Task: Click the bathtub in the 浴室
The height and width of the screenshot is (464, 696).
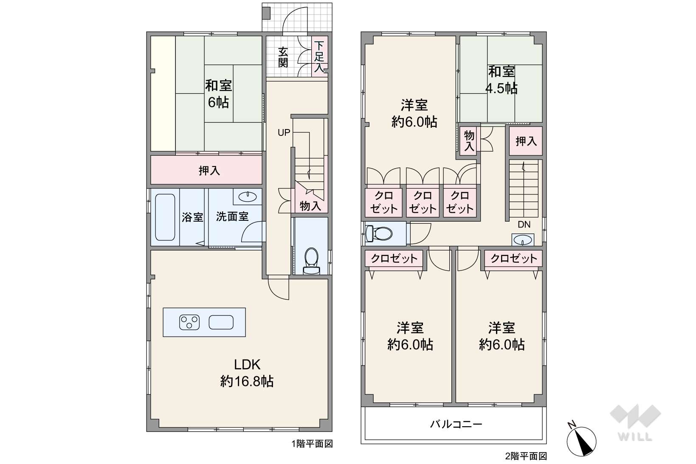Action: tap(165, 217)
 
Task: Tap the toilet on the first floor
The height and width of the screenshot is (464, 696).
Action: tap(311, 261)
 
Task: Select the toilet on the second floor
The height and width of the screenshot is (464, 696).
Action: tap(379, 233)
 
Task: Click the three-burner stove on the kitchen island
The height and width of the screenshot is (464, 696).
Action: tap(189, 322)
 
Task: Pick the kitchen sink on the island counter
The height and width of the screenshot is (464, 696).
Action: tap(221, 322)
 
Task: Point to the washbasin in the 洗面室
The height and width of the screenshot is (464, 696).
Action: tap(248, 197)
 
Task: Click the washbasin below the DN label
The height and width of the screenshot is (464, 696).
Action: tap(523, 240)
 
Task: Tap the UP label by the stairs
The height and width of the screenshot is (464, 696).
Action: tap(284, 132)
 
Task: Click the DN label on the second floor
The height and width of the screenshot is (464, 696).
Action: tap(524, 225)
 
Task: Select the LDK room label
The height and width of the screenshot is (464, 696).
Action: tap(247, 365)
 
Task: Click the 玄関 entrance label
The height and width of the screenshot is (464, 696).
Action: tap(283, 57)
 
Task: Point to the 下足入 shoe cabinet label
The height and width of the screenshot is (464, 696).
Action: tap(319, 57)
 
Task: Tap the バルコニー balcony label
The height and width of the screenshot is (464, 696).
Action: tap(456, 424)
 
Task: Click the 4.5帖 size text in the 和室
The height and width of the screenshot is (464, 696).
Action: tap(501, 89)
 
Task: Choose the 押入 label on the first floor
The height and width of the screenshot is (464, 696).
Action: tap(209, 171)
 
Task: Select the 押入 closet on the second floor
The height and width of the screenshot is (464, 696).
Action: tap(526, 141)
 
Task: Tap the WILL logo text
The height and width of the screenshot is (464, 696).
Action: tap(635, 437)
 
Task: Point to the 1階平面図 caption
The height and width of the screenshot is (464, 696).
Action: tap(312, 444)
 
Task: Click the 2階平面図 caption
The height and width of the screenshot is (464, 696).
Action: tap(526, 456)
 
